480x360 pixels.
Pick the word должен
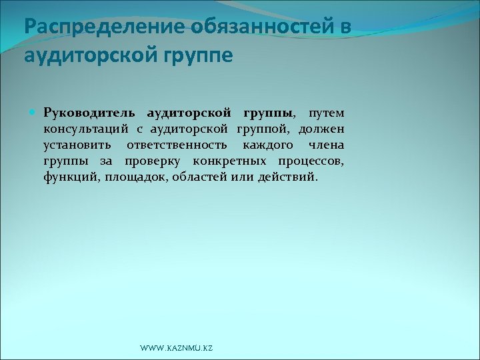(322, 128)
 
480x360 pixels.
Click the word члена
(327, 145)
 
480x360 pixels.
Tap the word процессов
(312, 161)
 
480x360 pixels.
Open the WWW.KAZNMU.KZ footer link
(177, 349)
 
